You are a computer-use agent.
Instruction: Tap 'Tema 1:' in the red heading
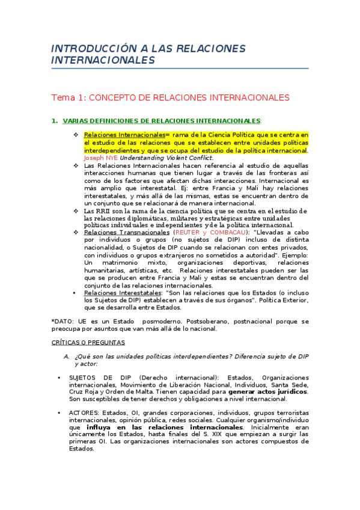(69, 97)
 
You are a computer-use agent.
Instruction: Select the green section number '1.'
(55, 121)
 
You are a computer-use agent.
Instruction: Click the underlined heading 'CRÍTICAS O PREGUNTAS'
(88, 342)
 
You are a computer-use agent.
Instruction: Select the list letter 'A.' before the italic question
(67, 356)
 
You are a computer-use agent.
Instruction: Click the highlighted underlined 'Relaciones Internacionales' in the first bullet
(124, 135)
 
